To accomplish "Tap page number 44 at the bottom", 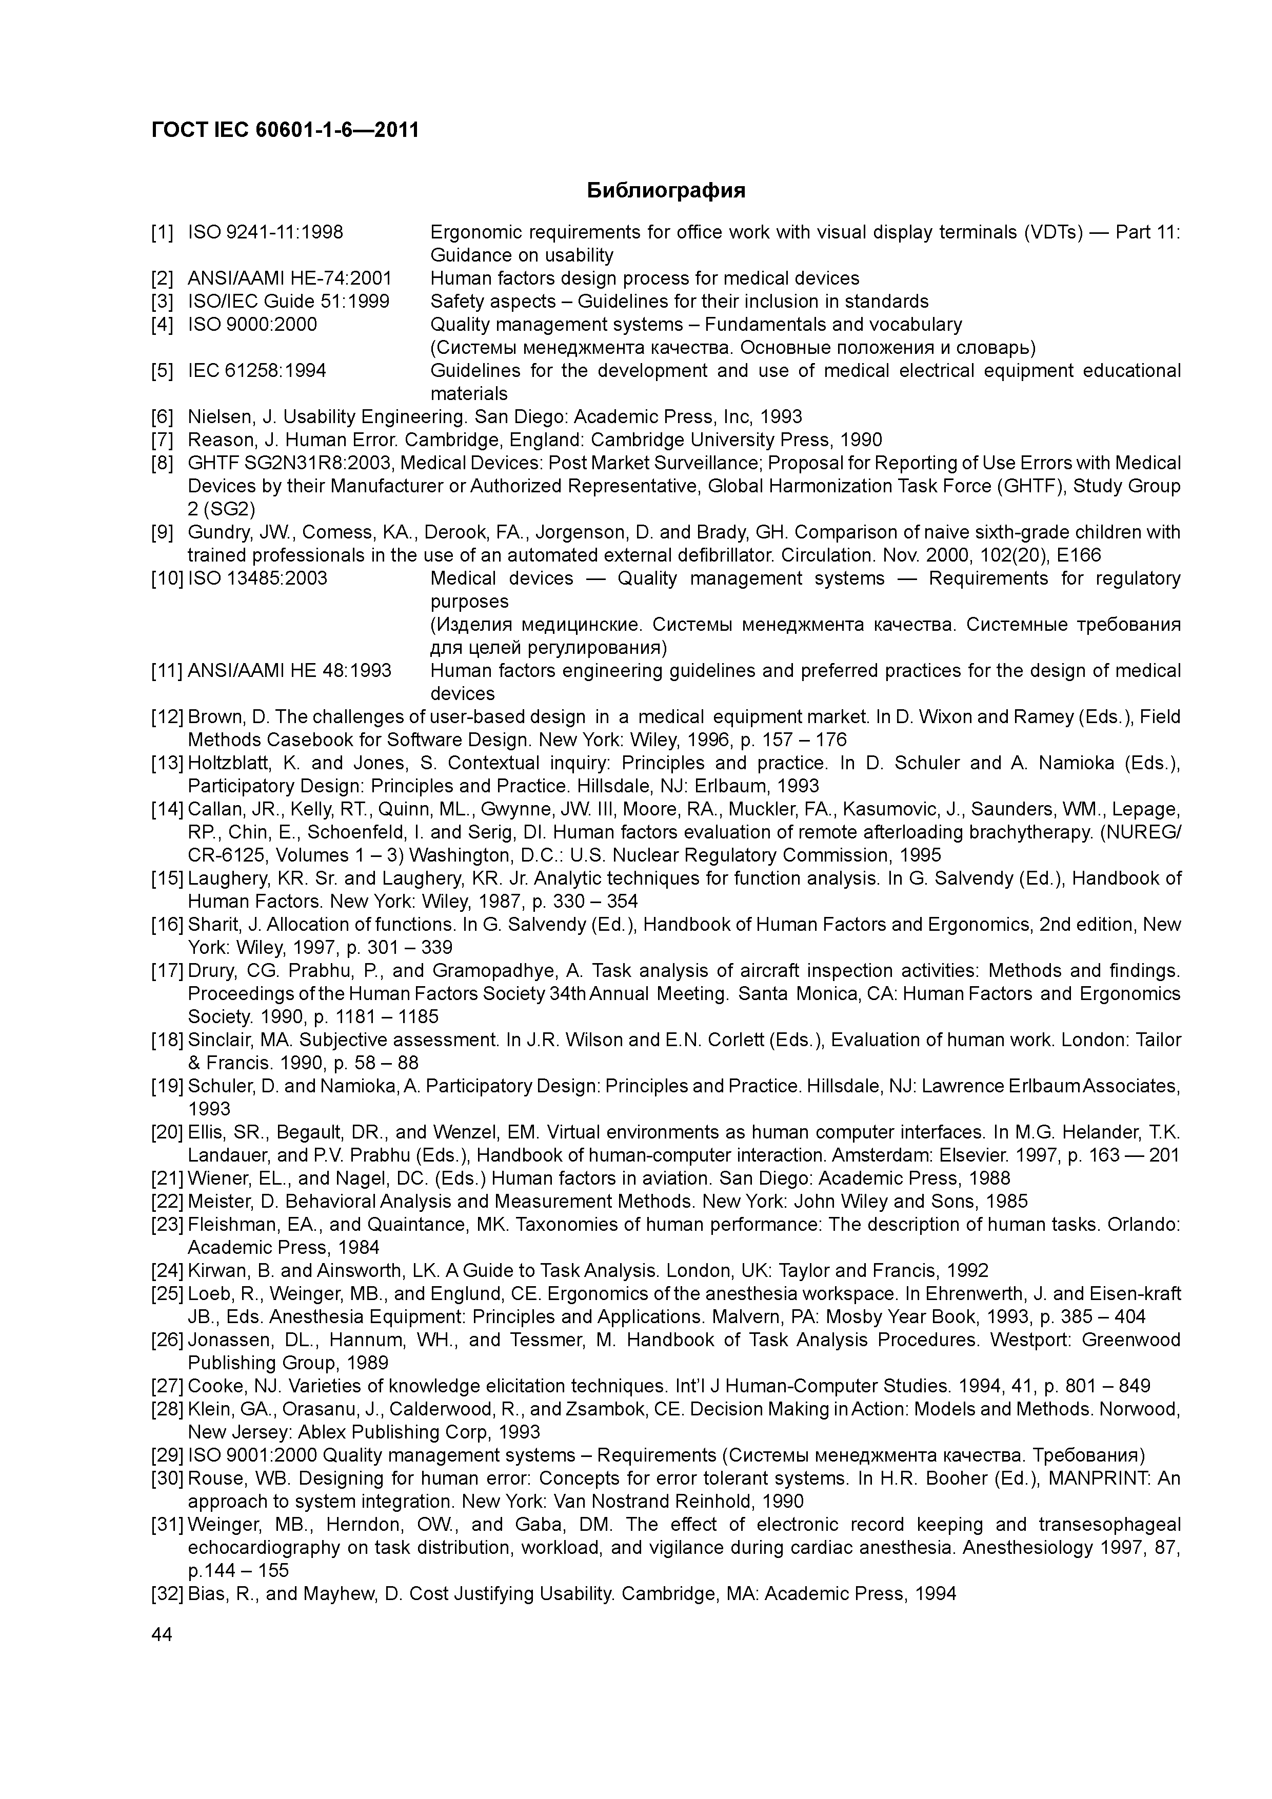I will coord(162,1634).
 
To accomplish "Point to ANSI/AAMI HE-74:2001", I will coord(289,279).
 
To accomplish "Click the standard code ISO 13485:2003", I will coord(258,579).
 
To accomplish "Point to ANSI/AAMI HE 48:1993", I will coord(289,671).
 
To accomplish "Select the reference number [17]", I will coord(166,972).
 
